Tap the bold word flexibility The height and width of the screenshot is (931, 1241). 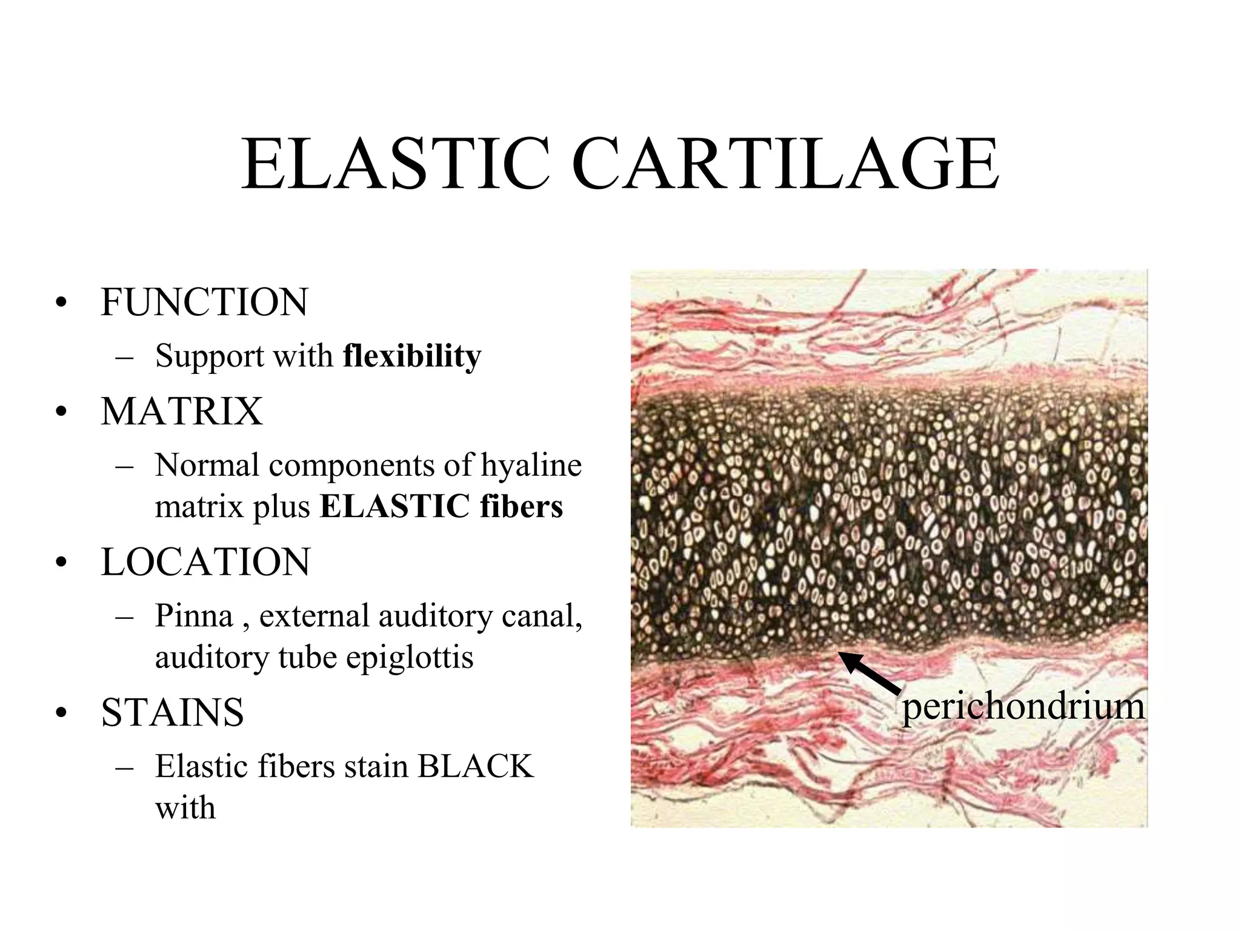(x=412, y=356)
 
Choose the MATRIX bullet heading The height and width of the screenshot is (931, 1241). (x=182, y=412)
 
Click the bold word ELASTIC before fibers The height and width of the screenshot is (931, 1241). (x=394, y=507)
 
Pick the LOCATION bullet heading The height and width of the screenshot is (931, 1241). (x=205, y=562)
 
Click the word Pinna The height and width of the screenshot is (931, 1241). (x=194, y=616)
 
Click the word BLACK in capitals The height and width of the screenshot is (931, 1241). (x=475, y=766)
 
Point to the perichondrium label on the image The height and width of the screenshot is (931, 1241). (x=1023, y=707)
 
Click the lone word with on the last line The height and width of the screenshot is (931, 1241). (x=185, y=808)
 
